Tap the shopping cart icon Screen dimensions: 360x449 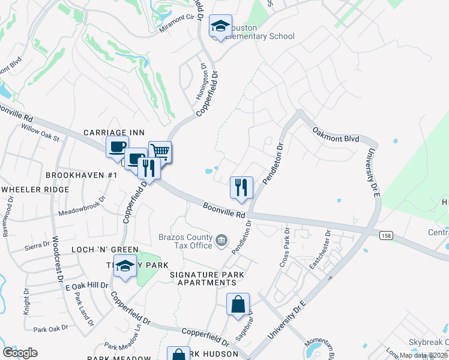coord(160,152)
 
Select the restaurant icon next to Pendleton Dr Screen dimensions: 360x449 coord(241,187)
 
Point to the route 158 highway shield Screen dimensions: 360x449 coord(385,235)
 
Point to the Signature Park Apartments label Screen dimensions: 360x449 coord(207,278)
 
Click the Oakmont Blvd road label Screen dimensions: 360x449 coord(334,134)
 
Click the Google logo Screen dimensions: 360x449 coord(20,353)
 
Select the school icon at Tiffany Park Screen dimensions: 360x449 coord(125,267)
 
